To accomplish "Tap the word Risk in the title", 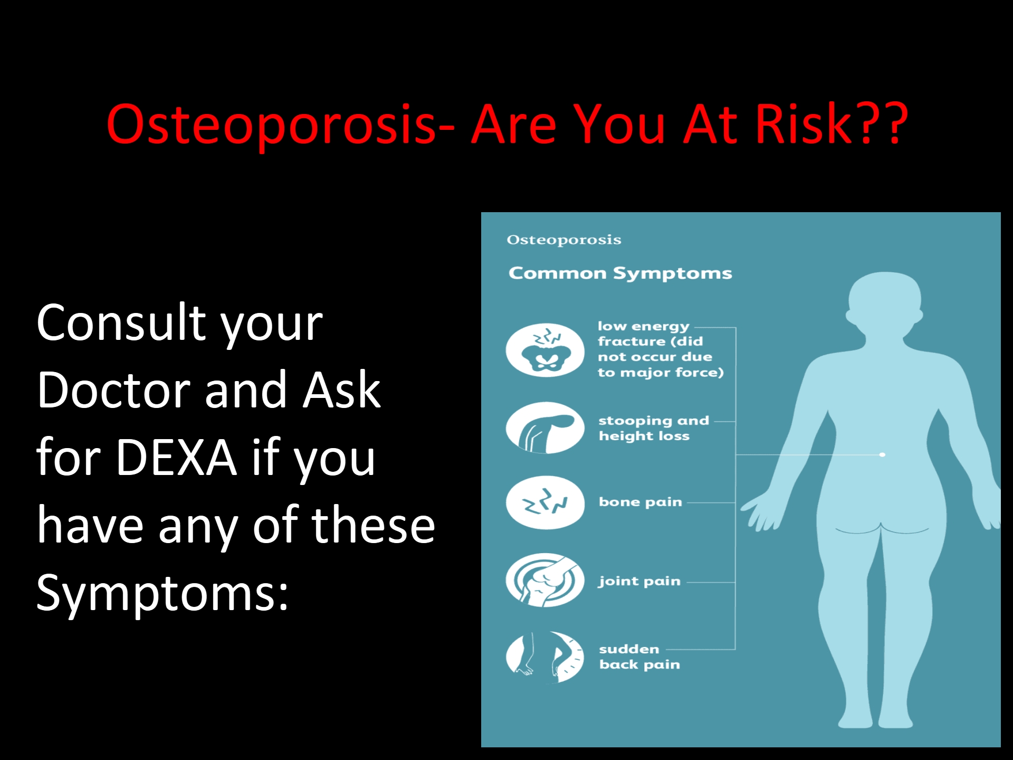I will tap(803, 125).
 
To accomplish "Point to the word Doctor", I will tap(113, 391).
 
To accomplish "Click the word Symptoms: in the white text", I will tap(163, 593).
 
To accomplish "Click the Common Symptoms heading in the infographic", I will tap(620, 273).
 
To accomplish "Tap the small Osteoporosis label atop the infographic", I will tap(563, 240).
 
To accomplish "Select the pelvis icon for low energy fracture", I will tap(545, 350).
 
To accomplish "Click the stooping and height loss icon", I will tap(545, 428).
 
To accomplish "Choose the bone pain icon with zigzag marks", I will tap(545, 502).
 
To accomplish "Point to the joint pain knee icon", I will tap(545, 580).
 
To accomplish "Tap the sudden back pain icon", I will tap(545, 657).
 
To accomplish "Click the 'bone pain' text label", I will tap(640, 502).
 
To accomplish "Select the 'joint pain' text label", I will tap(639, 582).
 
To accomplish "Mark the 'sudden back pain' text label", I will tap(639, 657).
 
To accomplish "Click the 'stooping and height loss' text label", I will tap(653, 429).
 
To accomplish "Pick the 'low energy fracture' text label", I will tap(660, 349).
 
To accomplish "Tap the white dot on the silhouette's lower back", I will tap(883, 454).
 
